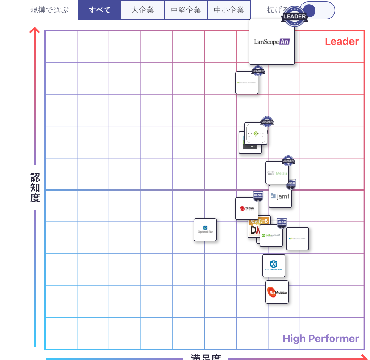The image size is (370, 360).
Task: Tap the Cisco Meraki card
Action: (x=277, y=173)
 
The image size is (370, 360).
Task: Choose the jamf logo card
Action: (x=280, y=196)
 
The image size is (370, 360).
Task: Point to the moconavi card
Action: (x=298, y=239)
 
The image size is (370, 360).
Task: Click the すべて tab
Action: (x=100, y=10)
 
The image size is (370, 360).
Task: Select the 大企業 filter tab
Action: (x=143, y=10)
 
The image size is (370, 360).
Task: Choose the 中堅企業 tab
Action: (x=186, y=10)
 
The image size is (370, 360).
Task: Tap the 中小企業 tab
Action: (x=229, y=10)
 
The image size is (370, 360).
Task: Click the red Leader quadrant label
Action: (x=342, y=41)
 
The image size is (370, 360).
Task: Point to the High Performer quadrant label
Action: (x=321, y=339)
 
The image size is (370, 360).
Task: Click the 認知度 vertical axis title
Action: (x=35, y=188)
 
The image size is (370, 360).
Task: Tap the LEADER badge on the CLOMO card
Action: (x=267, y=122)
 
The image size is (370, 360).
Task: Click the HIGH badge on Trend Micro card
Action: (x=258, y=196)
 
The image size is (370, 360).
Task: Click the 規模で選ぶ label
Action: (x=50, y=10)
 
